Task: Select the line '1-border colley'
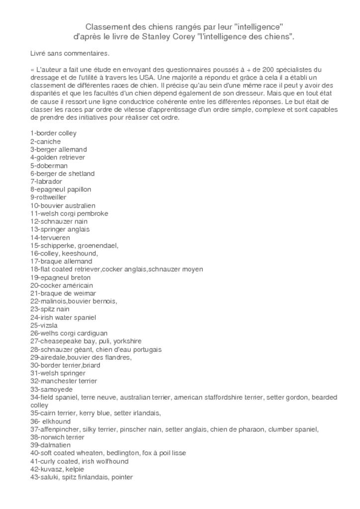(x=53, y=133)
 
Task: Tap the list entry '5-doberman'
(x=49, y=166)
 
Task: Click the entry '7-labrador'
(x=46, y=181)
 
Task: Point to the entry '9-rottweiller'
(x=48, y=197)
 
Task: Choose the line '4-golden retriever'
(x=57, y=157)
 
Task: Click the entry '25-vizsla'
(x=44, y=325)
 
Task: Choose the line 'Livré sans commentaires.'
(x=70, y=53)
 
